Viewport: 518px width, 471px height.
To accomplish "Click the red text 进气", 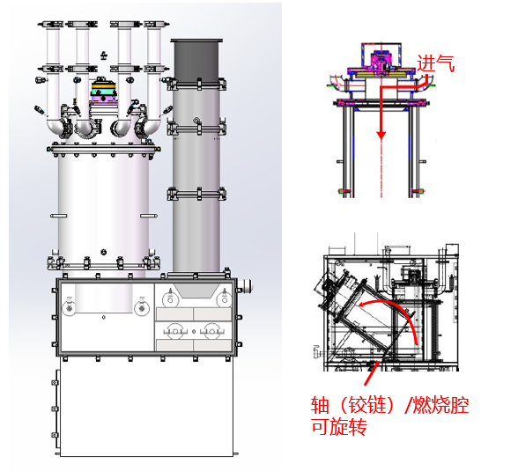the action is [x=436, y=63].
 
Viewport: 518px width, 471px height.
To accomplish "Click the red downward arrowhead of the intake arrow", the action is [x=381, y=135].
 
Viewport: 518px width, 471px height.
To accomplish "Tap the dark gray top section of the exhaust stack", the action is [x=196, y=60].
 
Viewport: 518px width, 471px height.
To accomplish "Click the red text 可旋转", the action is [x=339, y=426].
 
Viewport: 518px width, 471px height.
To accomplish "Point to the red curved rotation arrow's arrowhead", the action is [x=363, y=304].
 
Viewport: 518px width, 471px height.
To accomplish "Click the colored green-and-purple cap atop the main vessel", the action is [x=104, y=92].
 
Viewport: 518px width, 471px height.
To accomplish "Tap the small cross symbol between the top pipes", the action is [x=104, y=55].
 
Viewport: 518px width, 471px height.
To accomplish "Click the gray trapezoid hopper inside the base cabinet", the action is [x=196, y=291].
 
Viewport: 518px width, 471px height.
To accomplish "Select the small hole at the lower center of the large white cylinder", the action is [x=104, y=252].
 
